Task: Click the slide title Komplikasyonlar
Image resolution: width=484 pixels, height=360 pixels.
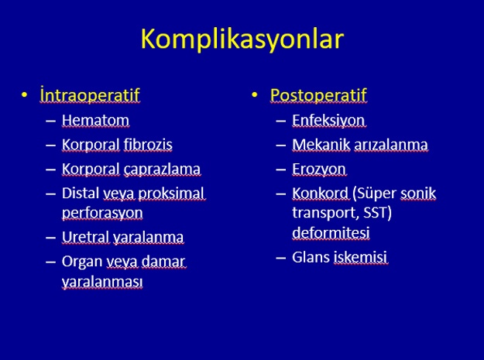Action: pyautogui.click(x=242, y=39)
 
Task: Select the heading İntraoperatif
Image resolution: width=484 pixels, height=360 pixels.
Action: pyautogui.click(x=90, y=94)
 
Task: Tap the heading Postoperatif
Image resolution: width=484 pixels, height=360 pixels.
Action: pyautogui.click(x=318, y=94)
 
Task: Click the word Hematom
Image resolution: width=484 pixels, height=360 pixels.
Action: pyautogui.click(x=95, y=120)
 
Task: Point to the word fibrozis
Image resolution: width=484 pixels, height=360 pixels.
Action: pyautogui.click(x=148, y=144)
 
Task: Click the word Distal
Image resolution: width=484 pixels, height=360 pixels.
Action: pyautogui.click(x=81, y=194)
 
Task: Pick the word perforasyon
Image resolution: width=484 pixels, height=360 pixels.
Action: pyautogui.click(x=102, y=213)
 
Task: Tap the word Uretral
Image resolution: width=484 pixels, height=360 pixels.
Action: pyautogui.click(x=86, y=237)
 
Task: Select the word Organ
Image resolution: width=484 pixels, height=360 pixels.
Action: pyautogui.click(x=82, y=262)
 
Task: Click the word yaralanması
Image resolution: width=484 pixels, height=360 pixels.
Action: pyautogui.click(x=102, y=282)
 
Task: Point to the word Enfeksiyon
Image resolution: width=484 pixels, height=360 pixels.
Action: pyautogui.click(x=328, y=120)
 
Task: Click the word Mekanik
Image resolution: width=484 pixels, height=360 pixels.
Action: pyautogui.click(x=321, y=144)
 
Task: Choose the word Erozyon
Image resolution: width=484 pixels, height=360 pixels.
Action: pyautogui.click(x=319, y=170)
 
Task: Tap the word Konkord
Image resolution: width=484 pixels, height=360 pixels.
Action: pyautogui.click(x=320, y=194)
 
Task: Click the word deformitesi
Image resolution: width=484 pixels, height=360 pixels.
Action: pyautogui.click(x=331, y=232)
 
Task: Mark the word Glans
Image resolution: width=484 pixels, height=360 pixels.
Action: pyautogui.click(x=311, y=257)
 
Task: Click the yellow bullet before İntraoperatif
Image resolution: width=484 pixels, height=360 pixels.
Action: pyautogui.click(x=24, y=94)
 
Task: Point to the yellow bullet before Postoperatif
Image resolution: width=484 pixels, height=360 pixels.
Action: pyautogui.click(x=254, y=94)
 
